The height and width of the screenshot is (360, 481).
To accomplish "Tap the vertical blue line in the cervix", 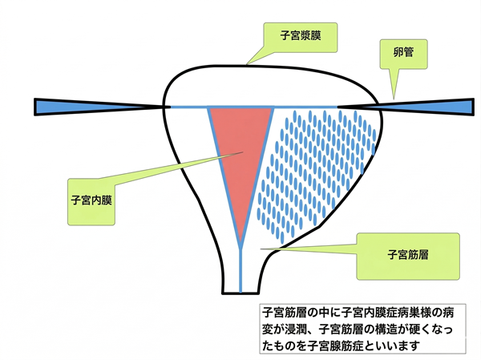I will click(241, 269).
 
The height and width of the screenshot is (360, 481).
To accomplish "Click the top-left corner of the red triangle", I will click(209, 107).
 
